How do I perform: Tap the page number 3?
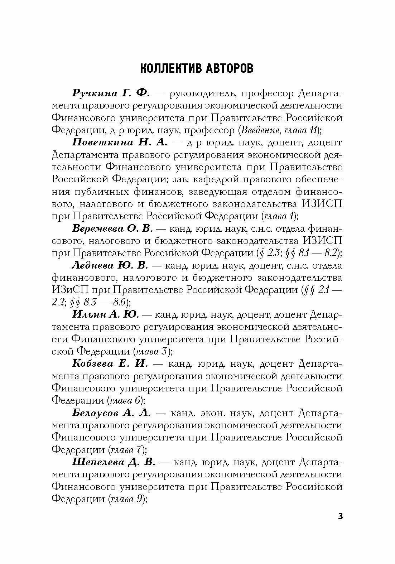(x=340, y=516)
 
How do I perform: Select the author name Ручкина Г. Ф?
(x=111, y=93)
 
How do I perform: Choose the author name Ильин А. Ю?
(x=105, y=315)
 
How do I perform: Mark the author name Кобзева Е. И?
(x=110, y=364)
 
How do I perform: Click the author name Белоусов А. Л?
(x=111, y=413)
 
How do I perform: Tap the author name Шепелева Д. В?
(x=113, y=462)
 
